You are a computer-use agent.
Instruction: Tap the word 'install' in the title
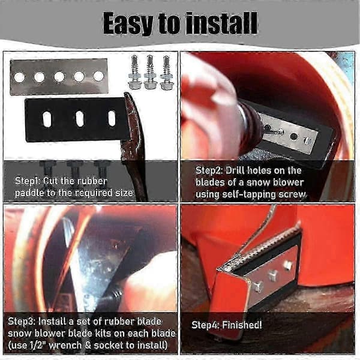(221, 23)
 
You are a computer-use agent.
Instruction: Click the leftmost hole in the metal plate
(19, 77)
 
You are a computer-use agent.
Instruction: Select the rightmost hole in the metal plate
(99, 76)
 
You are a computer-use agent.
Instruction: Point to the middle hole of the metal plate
(59, 77)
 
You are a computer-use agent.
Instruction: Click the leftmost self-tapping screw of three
(134, 73)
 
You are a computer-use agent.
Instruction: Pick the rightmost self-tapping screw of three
(166, 73)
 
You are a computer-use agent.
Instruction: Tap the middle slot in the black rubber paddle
(80, 119)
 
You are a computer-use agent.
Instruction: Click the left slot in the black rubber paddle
(47, 119)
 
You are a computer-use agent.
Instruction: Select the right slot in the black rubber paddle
(112, 118)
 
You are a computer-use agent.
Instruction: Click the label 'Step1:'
(28, 181)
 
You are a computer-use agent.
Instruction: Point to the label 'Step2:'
(209, 170)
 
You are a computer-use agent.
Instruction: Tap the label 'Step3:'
(22, 321)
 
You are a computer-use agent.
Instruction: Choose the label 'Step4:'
(205, 325)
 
